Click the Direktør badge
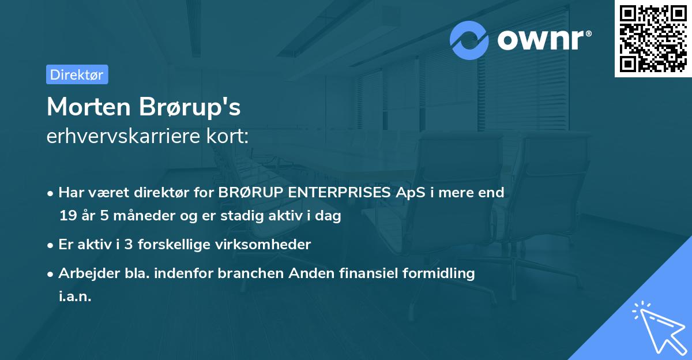click(77, 74)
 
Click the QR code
click(653, 39)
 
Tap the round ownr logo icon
click(469, 40)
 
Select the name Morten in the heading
click(87, 107)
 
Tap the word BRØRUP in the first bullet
click(247, 193)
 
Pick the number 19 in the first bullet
click(67, 216)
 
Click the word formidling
click(439, 273)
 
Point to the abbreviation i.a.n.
click(75, 297)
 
